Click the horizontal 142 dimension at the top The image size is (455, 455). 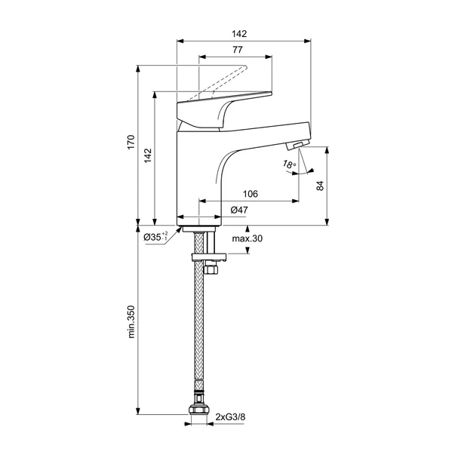tap(239, 34)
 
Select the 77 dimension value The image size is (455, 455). tap(238, 50)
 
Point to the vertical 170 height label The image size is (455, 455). tap(131, 142)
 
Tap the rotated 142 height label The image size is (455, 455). tap(148, 155)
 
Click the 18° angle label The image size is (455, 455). tap(289, 164)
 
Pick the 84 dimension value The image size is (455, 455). tap(320, 186)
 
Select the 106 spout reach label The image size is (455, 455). tap(250, 194)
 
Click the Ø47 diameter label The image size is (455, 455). tap(239, 210)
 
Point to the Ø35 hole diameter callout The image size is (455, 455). tap(155, 237)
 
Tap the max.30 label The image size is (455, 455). tap(247, 238)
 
